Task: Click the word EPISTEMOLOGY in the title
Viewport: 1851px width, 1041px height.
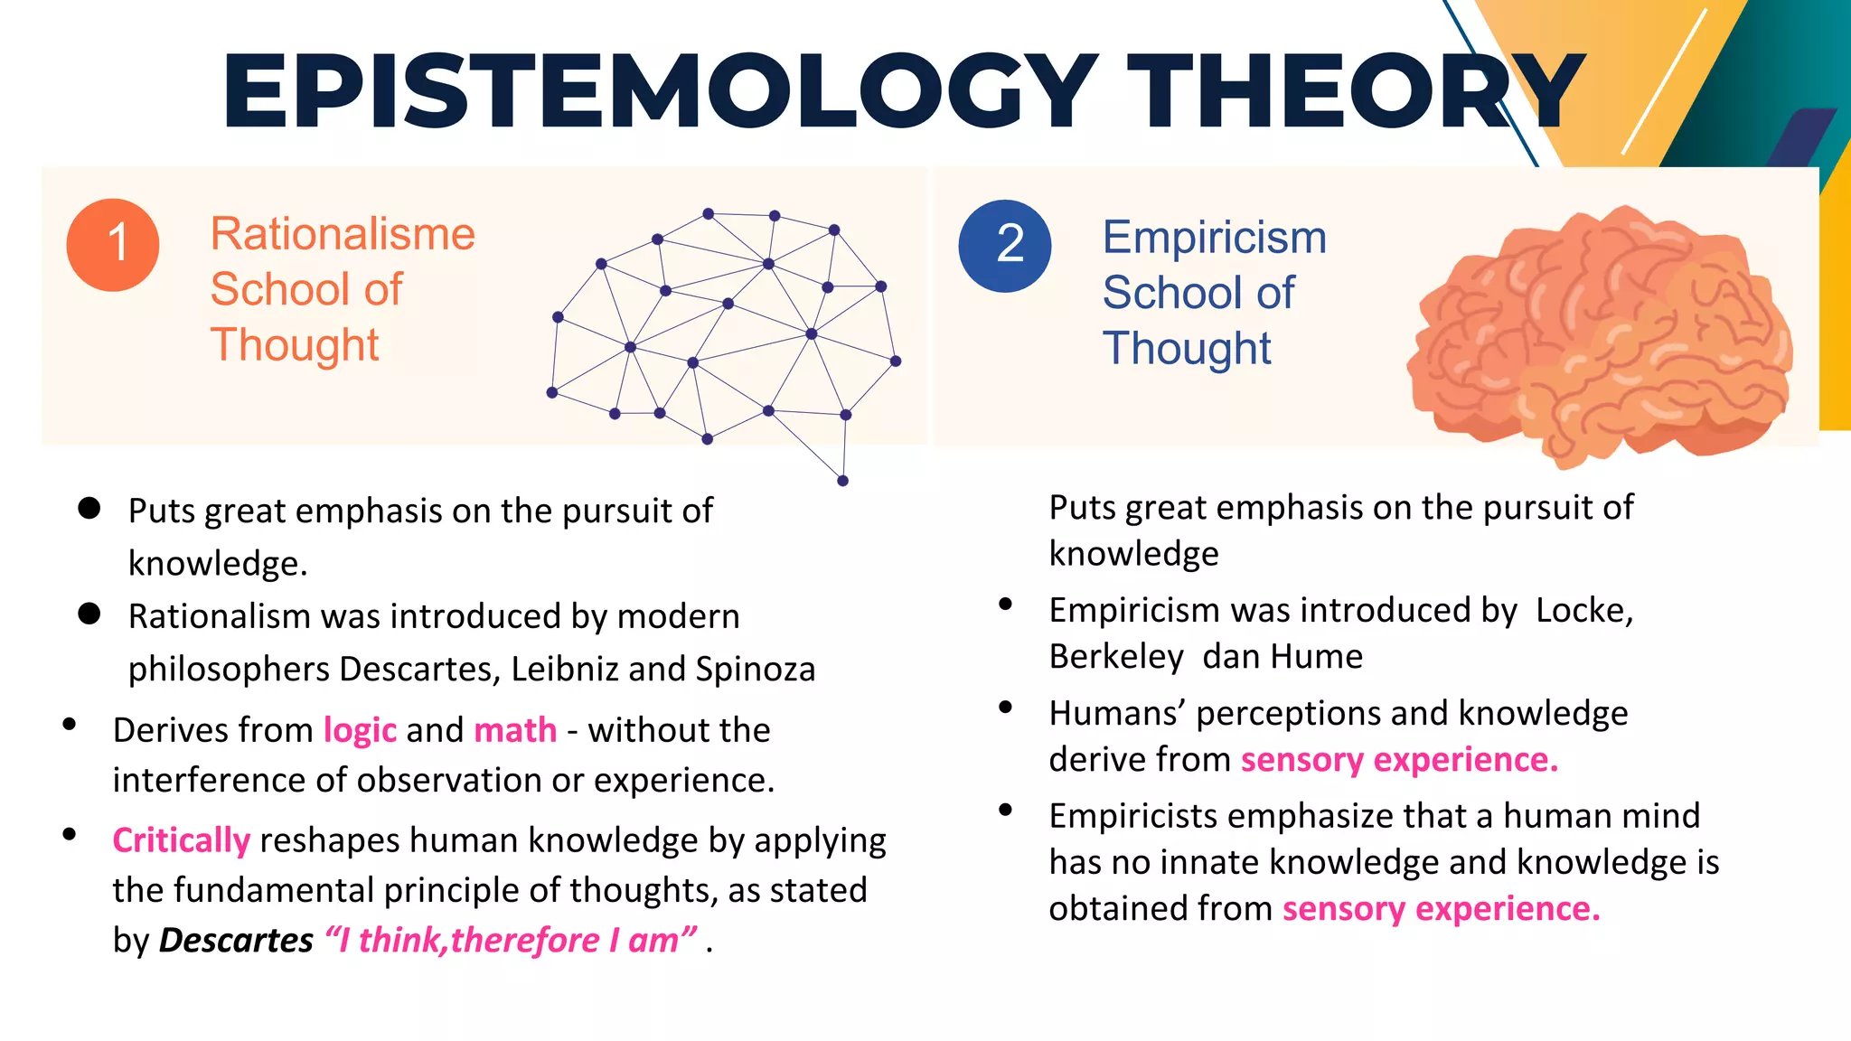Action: click(x=660, y=91)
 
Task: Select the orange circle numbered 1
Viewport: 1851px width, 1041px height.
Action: click(x=113, y=245)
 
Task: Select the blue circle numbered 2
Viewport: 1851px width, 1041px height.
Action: click(x=1005, y=246)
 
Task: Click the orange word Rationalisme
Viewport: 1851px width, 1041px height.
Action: click(x=343, y=234)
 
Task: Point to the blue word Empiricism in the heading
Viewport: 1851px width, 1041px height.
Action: click(x=1214, y=238)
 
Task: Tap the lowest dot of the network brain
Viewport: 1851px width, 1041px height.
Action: click(x=842, y=481)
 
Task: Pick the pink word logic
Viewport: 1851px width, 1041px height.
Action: click(x=360, y=730)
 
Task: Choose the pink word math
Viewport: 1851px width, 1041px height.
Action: click(x=515, y=730)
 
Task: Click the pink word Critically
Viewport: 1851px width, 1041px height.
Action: click(x=181, y=840)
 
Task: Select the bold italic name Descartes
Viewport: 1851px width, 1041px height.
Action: click(x=236, y=941)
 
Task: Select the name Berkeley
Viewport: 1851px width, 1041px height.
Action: click(x=1116, y=657)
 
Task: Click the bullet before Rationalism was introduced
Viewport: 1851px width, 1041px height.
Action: click(x=89, y=614)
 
